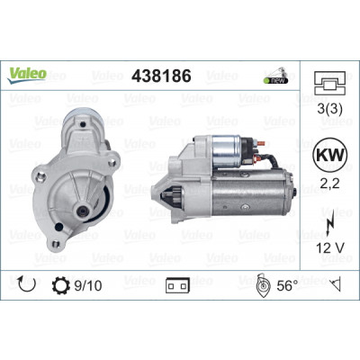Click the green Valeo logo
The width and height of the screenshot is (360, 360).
click(x=27, y=76)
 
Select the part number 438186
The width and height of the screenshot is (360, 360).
click(x=161, y=76)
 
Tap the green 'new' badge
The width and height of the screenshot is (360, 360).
click(x=275, y=80)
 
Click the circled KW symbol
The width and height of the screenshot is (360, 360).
click(x=329, y=155)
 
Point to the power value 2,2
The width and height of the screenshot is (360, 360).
click(x=329, y=183)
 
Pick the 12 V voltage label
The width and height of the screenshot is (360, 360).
click(x=330, y=247)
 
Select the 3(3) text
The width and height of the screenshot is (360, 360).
click(x=329, y=109)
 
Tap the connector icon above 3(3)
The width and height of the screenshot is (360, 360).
click(x=329, y=83)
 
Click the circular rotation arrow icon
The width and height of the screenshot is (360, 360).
click(x=27, y=285)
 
